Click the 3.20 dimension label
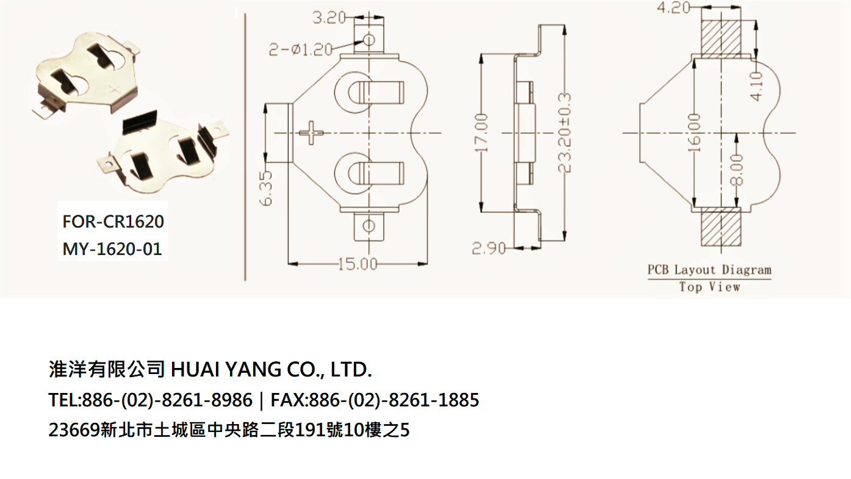tap(329, 18)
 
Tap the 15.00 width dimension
tap(357, 264)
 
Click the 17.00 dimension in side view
tap(482, 133)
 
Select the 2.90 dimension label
tap(489, 248)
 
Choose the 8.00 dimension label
tap(738, 170)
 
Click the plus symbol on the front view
tap(314, 132)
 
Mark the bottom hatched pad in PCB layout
tap(720, 226)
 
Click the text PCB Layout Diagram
tap(709, 270)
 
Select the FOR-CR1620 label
tap(113, 221)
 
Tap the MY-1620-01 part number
tap(112, 249)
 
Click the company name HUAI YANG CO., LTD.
tap(271, 369)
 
